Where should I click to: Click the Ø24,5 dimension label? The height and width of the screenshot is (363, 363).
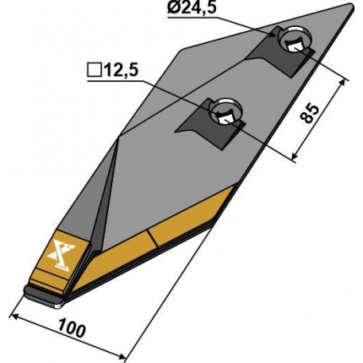pos(192,8)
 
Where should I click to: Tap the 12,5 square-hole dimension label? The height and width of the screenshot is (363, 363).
pos(113,71)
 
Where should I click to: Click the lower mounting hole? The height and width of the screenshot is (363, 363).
pos(226,111)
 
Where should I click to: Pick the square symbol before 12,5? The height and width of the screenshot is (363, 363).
pos(94,71)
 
